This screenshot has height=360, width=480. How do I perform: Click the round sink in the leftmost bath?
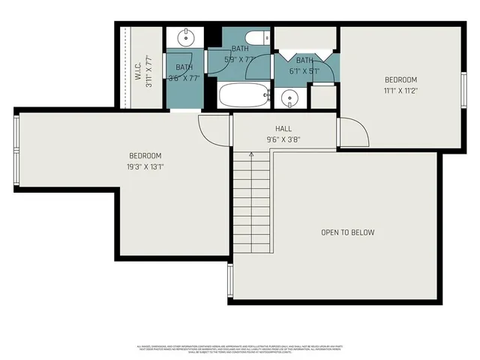pyautogui.click(x=184, y=37)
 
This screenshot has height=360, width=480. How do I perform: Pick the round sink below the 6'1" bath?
pyautogui.click(x=290, y=97)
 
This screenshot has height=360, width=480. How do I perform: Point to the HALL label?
pyautogui.click(x=283, y=129)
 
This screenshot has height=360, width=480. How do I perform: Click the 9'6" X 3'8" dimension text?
pyautogui.click(x=283, y=139)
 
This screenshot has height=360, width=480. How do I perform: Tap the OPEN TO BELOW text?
pyautogui.click(x=347, y=232)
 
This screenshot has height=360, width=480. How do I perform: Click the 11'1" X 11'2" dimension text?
pyautogui.click(x=400, y=90)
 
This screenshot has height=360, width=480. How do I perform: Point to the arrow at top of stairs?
pyautogui.click(x=251, y=155)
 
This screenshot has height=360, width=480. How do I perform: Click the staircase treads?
pyautogui.click(x=251, y=202)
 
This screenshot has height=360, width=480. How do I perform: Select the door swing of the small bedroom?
pyautogui.click(x=354, y=133)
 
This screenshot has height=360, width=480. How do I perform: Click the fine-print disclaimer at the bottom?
pyautogui.click(x=240, y=348)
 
